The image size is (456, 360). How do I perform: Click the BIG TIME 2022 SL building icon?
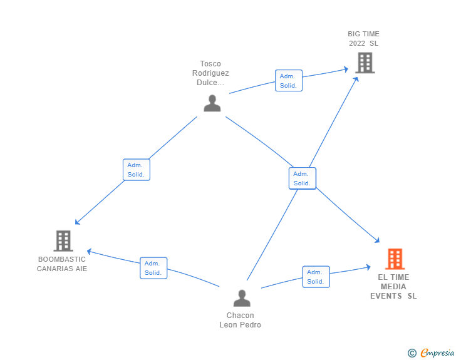pos(365,63)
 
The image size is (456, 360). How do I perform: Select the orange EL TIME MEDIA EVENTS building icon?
pos(395,259)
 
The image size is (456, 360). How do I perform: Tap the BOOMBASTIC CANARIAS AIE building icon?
pos(63,240)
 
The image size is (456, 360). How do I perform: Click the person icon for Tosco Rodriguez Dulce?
pos(212,103)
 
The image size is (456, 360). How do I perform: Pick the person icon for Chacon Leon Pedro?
pos(241,298)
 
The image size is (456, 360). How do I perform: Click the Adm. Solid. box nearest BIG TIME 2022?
pos(288,81)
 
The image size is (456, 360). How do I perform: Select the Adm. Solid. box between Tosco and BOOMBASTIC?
pos(136,170)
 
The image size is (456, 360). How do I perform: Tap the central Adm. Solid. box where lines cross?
pos(302,178)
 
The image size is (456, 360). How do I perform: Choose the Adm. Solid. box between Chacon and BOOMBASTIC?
pos(153,268)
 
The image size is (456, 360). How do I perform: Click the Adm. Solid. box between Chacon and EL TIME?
pos(316,277)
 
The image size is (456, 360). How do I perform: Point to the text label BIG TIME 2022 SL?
pos(364,39)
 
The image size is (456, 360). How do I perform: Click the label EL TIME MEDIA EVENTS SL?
pos(393,287)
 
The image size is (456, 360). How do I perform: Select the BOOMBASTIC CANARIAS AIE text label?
pos(62,264)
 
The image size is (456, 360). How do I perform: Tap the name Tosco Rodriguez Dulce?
pos(210,73)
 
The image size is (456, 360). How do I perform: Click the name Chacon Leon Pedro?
pos(241,320)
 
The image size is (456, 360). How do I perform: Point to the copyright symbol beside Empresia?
pos(412,353)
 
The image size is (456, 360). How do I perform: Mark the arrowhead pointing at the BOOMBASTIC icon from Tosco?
pos(77,222)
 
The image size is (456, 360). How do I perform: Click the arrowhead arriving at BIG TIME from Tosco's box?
pos(346,69)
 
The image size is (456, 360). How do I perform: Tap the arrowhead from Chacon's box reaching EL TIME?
pos(368,267)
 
